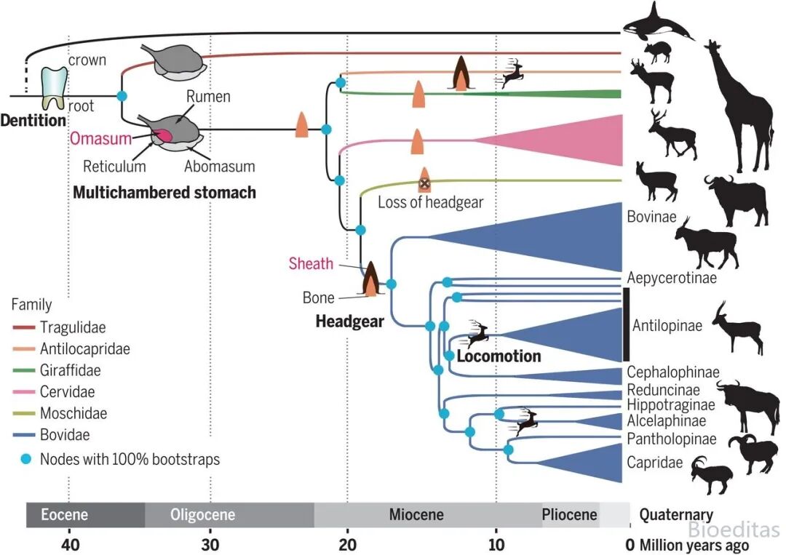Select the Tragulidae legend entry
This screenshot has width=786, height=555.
[59, 327]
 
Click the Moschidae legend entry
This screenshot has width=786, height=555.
[60, 413]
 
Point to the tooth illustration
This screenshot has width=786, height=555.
[54, 89]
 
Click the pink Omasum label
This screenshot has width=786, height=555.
[100, 138]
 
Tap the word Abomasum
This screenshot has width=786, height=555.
[220, 167]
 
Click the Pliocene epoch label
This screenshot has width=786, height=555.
[569, 515]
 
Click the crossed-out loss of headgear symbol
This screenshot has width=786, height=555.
[424, 184]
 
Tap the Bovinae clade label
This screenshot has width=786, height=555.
[651, 217]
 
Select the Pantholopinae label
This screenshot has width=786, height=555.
[672, 439]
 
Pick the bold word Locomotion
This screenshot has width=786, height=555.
[499, 356]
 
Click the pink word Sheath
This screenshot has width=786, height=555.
[311, 263]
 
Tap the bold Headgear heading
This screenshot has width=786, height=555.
[350, 322]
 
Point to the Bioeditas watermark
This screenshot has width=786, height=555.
[734, 529]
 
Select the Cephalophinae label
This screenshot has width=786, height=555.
[673, 372]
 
